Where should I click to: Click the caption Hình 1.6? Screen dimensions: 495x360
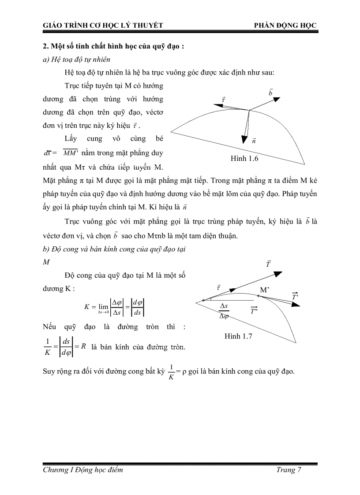pos(244,159)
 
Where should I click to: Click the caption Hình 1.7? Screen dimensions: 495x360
pos(238,336)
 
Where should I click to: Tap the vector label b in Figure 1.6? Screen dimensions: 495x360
pos(270,93)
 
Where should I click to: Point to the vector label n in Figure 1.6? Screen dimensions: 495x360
pos(254,141)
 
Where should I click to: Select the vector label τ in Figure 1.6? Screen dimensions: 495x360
pos(224,100)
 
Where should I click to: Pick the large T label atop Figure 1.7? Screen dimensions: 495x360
pos(268,264)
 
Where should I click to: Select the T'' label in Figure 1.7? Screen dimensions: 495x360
pos(254,311)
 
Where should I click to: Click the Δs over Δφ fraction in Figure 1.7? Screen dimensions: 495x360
pos(224,311)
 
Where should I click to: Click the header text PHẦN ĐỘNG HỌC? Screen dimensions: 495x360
pos(285,26)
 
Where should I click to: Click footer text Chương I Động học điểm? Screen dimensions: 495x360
pos(83,470)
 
